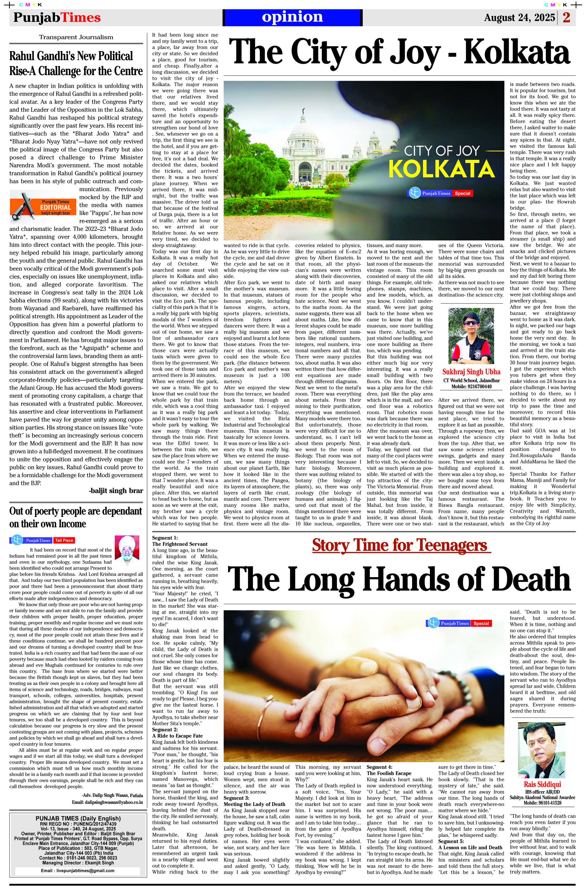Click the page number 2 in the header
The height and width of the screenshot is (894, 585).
click(567, 17)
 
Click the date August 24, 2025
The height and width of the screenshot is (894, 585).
click(519, 18)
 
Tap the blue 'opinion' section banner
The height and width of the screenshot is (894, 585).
click(292, 17)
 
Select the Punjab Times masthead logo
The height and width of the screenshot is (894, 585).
click(57, 18)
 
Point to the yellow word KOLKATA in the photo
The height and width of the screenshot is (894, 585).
click(441, 169)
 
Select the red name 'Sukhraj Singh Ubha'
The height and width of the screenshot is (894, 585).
click(471, 372)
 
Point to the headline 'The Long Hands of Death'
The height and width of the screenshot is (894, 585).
click(399, 579)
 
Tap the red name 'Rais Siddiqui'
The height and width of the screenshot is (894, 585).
click(542, 785)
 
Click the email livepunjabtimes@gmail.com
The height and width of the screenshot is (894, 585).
click(78, 871)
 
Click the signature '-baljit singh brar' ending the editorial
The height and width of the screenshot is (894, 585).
click(116, 491)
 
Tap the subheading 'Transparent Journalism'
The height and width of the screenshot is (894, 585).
click(76, 37)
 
